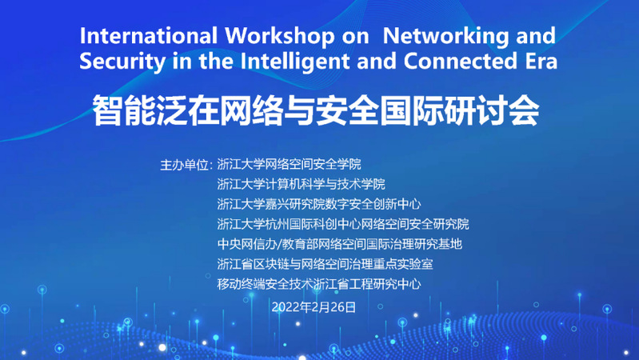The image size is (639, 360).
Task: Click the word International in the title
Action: click(x=148, y=35)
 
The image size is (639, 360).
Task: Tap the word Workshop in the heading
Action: click(x=280, y=36)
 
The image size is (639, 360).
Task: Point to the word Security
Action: click(x=122, y=62)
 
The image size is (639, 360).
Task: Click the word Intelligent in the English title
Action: click(x=294, y=61)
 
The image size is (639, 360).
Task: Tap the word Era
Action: click(x=541, y=61)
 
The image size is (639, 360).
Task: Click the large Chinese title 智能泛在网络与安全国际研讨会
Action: click(x=316, y=110)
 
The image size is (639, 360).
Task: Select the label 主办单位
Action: click(x=184, y=165)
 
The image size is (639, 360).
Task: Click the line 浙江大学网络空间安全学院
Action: click(x=289, y=164)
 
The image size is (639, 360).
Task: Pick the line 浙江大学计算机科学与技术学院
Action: click(x=301, y=184)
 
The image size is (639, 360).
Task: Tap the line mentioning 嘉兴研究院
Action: click(x=319, y=204)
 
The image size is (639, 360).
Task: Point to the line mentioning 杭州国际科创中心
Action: click(x=343, y=224)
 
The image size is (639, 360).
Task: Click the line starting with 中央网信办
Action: click(x=339, y=244)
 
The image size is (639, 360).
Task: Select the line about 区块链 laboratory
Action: click(x=325, y=264)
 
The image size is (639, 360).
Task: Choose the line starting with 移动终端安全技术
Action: click(x=319, y=284)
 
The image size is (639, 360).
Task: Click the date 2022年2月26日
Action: click(x=314, y=307)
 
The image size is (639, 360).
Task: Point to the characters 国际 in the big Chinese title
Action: click(x=412, y=110)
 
